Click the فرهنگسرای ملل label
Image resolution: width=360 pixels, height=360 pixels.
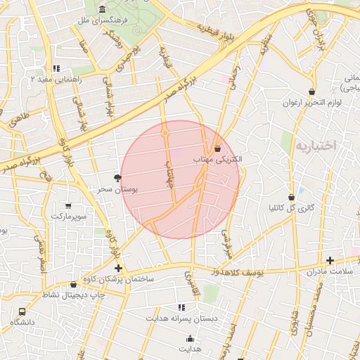(104, 22)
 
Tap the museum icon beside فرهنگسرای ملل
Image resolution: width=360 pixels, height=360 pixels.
(103, 10)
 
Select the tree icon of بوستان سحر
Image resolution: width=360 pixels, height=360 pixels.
(117, 178)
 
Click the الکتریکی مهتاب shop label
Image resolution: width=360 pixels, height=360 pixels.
(218, 160)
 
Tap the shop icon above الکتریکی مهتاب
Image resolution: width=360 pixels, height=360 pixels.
(217, 148)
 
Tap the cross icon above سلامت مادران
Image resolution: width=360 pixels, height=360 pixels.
(330, 260)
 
